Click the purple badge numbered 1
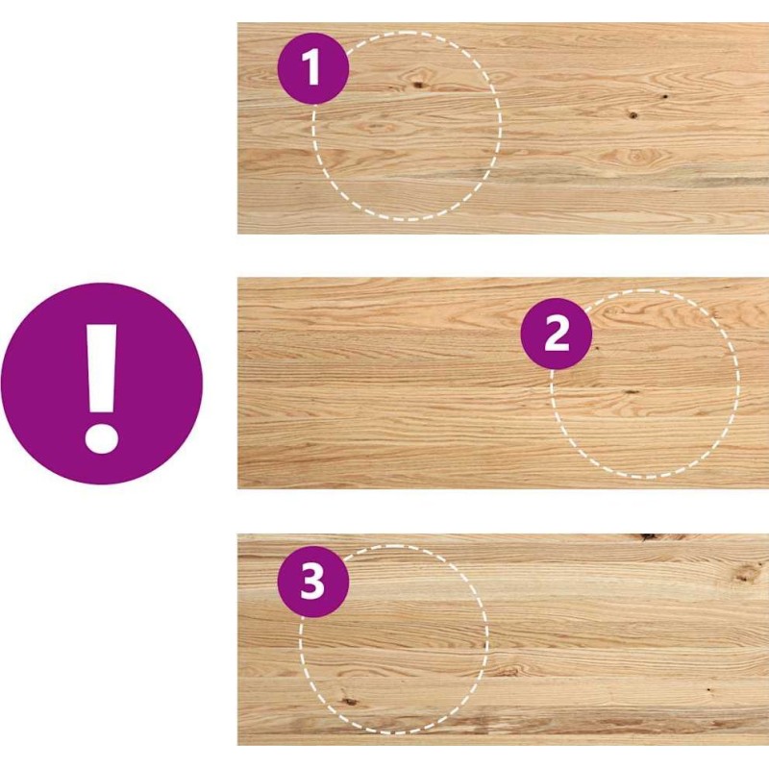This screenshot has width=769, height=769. [313, 68]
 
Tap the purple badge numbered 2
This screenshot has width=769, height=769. [557, 334]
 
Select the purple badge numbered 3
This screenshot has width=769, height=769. [313, 582]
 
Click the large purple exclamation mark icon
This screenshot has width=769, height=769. [102, 384]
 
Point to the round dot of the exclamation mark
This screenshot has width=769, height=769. [102, 436]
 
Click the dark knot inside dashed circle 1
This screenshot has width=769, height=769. [418, 85]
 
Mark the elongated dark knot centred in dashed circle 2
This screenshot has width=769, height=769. [632, 392]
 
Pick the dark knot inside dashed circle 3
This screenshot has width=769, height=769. [349, 702]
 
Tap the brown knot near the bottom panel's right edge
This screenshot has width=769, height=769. [746, 573]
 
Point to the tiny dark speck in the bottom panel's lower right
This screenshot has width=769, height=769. [709, 689]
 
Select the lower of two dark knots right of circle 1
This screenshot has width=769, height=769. [633, 115]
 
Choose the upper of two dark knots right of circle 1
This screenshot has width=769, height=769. [665, 97]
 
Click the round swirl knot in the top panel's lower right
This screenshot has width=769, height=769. [636, 157]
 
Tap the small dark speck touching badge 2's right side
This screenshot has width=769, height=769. [597, 348]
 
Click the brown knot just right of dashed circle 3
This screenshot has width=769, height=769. [507, 669]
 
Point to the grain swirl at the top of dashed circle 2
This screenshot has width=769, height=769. [615, 310]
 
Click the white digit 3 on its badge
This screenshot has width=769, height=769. [312, 582]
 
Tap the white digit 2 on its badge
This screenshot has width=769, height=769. [557, 334]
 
